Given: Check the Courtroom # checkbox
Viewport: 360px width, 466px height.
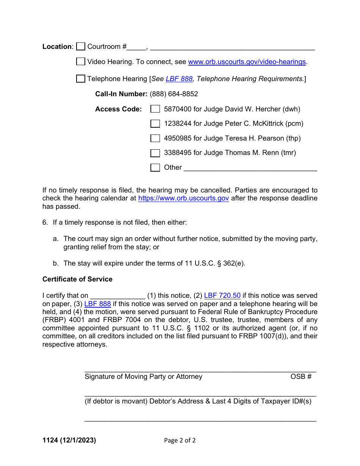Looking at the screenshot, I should pyautogui.click(x=80, y=47).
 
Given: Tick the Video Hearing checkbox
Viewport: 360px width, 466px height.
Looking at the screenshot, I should pyautogui.click(x=80, y=62).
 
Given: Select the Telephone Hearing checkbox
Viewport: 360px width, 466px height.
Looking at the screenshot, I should pyautogui.click(x=80, y=79).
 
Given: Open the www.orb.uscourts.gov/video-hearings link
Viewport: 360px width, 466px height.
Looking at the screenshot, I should pyautogui.click(x=247, y=62).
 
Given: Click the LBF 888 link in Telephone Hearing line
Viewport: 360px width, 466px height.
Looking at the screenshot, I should pyautogui.click(x=179, y=79).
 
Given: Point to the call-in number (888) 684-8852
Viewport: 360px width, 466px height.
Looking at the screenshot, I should pyautogui.click(x=174, y=94).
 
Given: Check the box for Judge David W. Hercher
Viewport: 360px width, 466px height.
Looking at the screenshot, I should pyautogui.click(x=155, y=109).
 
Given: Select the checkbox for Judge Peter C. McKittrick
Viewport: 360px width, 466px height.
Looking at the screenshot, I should pyautogui.click(x=155, y=124).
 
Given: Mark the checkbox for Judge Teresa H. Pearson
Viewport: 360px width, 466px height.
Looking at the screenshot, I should pyautogui.click(x=155, y=138).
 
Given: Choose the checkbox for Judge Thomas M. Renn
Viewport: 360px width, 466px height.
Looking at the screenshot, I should pyautogui.click(x=155, y=153).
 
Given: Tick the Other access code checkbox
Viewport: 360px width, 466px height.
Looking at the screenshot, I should pyautogui.click(x=155, y=167).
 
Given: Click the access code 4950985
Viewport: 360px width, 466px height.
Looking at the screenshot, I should pyautogui.click(x=177, y=138).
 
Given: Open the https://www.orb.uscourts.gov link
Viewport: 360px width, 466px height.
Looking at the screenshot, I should pyautogui.click(x=183, y=198).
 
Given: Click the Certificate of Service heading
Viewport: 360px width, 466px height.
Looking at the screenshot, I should pyautogui.click(x=77, y=279).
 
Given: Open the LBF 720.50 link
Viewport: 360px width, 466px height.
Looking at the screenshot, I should pyautogui.click(x=222, y=296).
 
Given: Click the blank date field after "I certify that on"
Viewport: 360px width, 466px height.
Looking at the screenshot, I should pyautogui.click(x=117, y=296).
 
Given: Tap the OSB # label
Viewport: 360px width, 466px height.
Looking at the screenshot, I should pyautogui.click(x=301, y=377).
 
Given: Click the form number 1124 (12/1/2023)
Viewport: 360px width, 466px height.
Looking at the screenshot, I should pyautogui.click(x=69, y=440).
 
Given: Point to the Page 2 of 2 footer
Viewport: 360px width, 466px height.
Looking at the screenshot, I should pyautogui.click(x=180, y=440).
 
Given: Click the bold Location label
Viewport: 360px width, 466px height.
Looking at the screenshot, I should pyautogui.click(x=57, y=47).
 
